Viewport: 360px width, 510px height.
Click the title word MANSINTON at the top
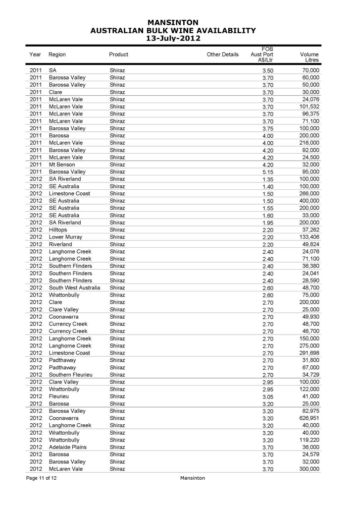[x=173, y=22]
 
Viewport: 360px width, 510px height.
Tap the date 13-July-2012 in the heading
[x=173, y=38]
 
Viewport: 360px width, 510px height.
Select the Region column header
[x=57, y=55]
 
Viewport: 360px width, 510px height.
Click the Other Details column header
[x=222, y=55]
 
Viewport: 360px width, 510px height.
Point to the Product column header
[x=118, y=55]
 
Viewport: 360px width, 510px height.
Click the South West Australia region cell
[x=74, y=288]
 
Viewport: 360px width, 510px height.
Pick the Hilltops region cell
[x=59, y=230]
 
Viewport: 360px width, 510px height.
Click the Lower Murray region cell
[x=65, y=237]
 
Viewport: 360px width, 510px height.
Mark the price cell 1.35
[x=267, y=179]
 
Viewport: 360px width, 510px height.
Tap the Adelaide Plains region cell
[x=67, y=447]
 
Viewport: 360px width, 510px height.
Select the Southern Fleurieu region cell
[x=71, y=375]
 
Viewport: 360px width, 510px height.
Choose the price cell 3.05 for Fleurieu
[x=267, y=397]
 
